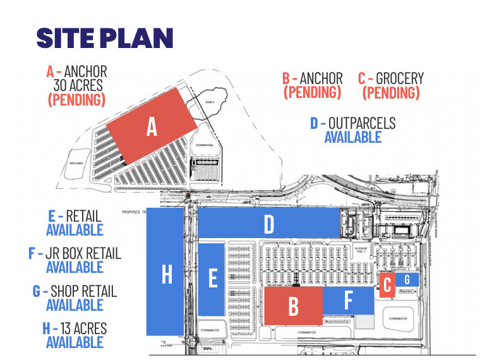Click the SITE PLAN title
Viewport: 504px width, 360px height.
[x=105, y=38]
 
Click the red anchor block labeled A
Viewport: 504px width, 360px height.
[x=151, y=127]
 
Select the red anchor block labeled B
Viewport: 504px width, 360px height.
[x=293, y=306]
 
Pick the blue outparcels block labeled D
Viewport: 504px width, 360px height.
[x=269, y=224]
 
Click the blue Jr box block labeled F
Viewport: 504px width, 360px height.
[x=348, y=300]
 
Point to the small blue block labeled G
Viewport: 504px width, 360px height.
[x=407, y=279]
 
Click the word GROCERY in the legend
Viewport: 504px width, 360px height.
[x=399, y=79]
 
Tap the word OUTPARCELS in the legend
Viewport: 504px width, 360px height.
[x=361, y=123]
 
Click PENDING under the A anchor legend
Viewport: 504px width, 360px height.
[x=76, y=100]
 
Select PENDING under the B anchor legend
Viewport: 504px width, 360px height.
[x=313, y=92]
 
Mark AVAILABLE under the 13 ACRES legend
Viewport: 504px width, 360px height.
[x=75, y=342]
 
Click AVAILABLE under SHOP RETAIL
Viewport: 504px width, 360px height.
[x=75, y=305]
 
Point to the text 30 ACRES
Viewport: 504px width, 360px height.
[x=78, y=85]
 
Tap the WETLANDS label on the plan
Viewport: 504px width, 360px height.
[x=76, y=162]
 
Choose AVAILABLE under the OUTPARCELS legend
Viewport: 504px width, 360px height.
[x=353, y=136]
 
